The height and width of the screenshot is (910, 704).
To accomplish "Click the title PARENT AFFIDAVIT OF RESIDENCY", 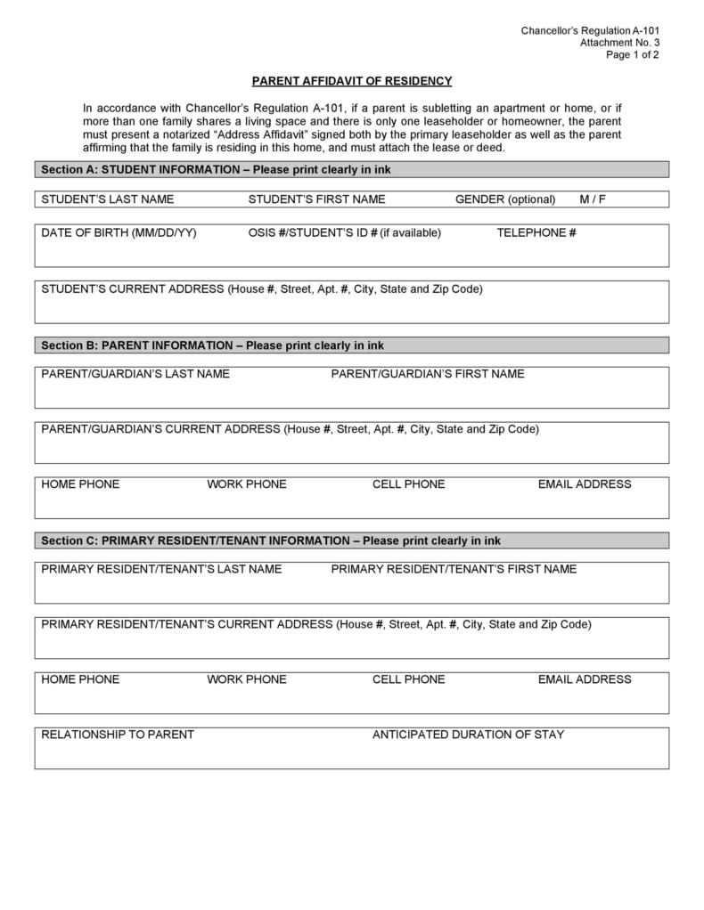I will coord(352,81).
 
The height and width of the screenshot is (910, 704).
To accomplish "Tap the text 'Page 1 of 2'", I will coord(633,54).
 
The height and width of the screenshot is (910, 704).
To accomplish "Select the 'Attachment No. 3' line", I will coord(619,43).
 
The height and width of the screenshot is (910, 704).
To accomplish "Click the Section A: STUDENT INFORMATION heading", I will coord(216,169).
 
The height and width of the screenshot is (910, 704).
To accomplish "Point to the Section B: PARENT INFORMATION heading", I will coord(213,345).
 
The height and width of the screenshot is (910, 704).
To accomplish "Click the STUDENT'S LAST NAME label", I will coord(108,199).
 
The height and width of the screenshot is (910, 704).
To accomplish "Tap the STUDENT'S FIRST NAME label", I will coord(316,199).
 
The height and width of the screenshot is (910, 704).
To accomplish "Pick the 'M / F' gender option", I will coord(593,199).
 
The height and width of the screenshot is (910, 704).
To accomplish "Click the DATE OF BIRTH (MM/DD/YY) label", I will coord(119,233).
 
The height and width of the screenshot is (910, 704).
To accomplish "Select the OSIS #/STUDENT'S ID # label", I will coord(344,233).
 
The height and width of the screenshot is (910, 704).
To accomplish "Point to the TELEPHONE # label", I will coord(536,233).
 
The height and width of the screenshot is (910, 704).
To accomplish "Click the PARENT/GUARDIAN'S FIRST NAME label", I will coord(428,374).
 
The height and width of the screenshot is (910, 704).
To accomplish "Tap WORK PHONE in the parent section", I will coord(247,484).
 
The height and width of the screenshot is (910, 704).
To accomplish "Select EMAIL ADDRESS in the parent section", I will coord(585,484).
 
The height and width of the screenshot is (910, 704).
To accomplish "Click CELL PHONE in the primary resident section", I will coord(408,679).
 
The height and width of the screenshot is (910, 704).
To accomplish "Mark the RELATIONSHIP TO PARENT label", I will coord(118,735).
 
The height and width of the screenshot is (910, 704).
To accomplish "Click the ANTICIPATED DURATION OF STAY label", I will coord(468,735).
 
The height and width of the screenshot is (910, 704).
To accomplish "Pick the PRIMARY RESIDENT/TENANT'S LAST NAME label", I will coord(161,569).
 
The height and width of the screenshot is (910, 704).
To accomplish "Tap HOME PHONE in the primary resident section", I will coord(80,679).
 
